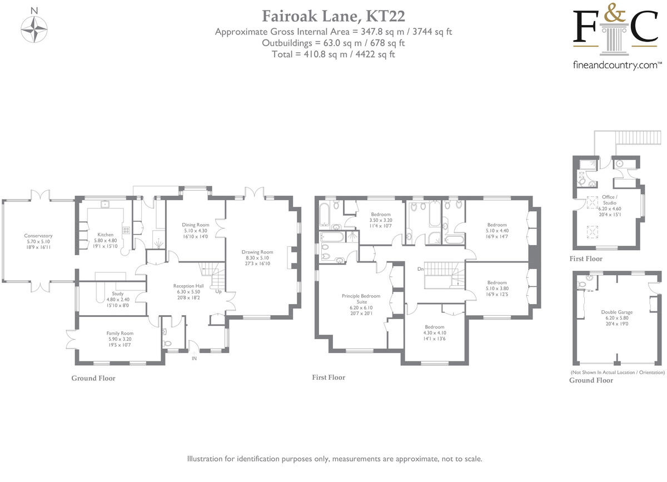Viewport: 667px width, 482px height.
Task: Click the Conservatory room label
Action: click(38, 236)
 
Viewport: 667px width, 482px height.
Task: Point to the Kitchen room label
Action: click(105, 235)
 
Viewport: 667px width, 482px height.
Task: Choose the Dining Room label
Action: click(195, 225)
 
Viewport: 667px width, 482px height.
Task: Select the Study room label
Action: click(117, 294)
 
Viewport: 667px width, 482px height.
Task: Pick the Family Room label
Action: click(120, 333)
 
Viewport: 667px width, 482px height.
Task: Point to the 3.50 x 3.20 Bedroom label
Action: click(381, 215)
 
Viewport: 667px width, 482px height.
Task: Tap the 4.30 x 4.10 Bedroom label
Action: click(434, 327)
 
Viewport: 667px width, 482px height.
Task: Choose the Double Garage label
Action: click(616, 312)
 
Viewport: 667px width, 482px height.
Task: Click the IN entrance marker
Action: click(194, 359)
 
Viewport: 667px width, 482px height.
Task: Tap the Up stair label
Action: click(218, 291)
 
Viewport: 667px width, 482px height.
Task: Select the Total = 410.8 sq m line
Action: click(333, 54)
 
